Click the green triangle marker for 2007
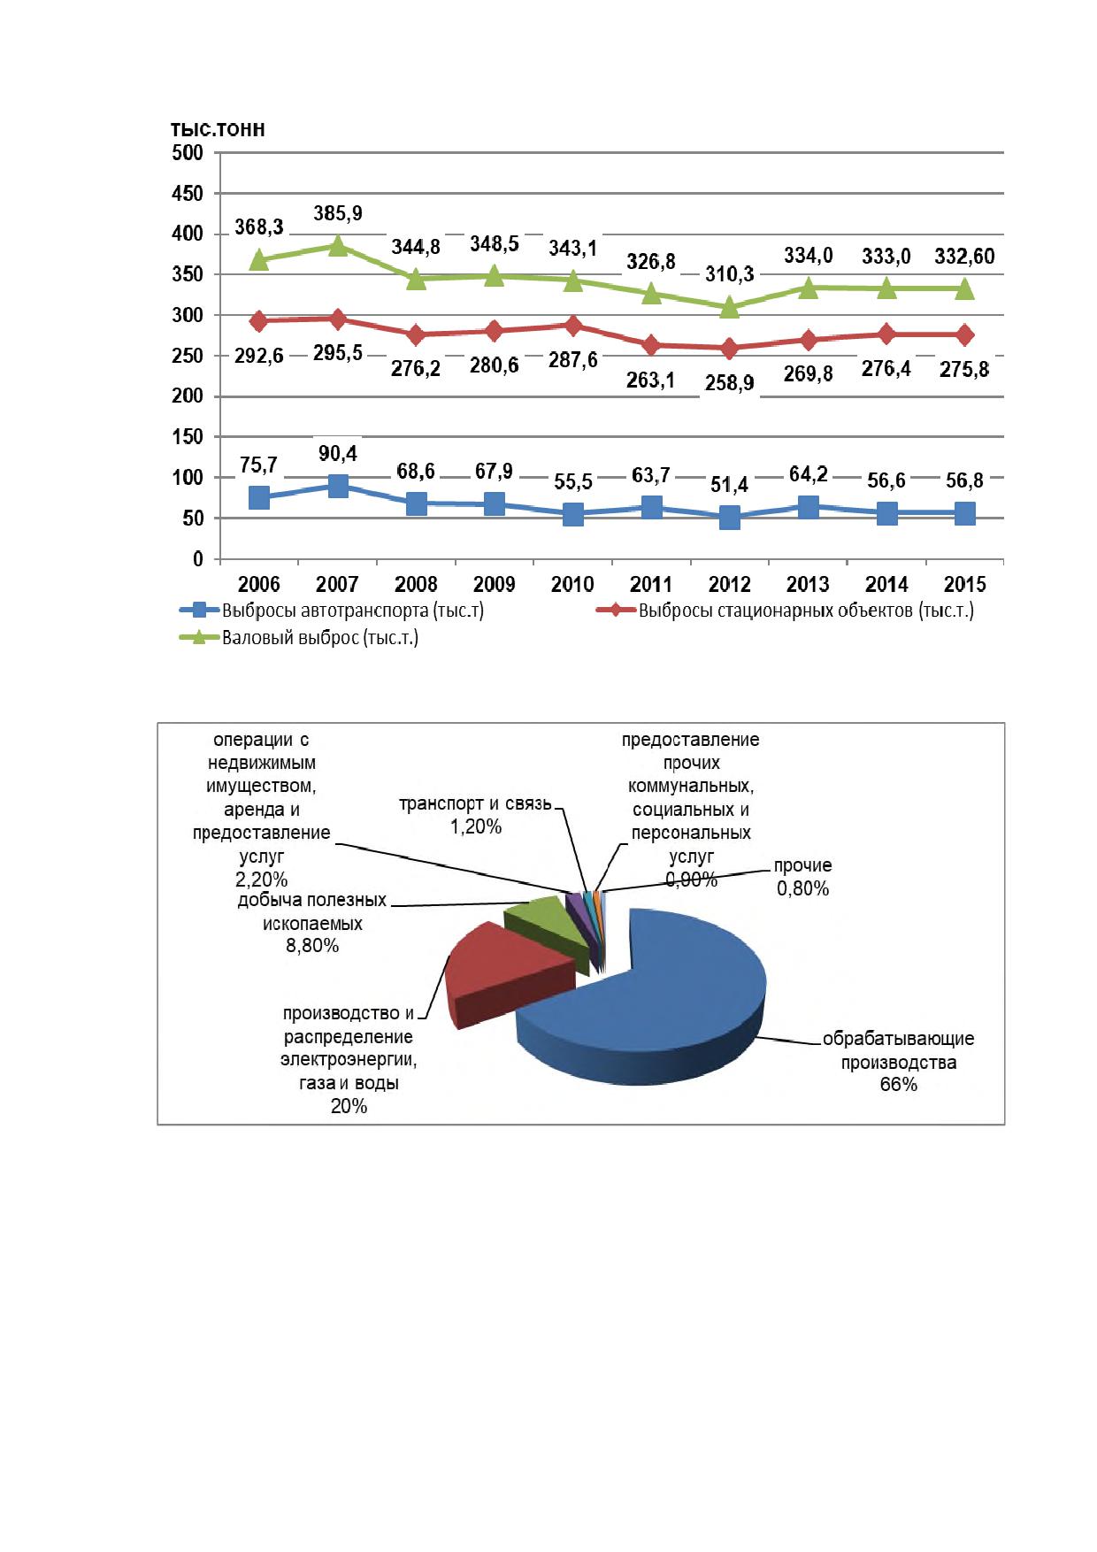[x=338, y=245]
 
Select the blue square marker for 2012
[x=730, y=518]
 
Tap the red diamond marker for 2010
[x=573, y=326]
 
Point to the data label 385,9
[x=338, y=213]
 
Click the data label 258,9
[x=730, y=384]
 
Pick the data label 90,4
[x=337, y=453]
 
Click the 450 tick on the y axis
[x=187, y=193]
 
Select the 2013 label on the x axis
[x=808, y=584]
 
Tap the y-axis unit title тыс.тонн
[x=218, y=130]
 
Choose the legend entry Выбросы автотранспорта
[x=332, y=610]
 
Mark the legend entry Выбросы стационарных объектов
[x=786, y=610]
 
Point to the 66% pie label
[x=899, y=1085]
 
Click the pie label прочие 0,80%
[x=803, y=877]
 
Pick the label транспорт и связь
[x=475, y=804]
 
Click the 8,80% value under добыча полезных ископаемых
[x=312, y=946]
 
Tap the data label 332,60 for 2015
[x=964, y=257]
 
